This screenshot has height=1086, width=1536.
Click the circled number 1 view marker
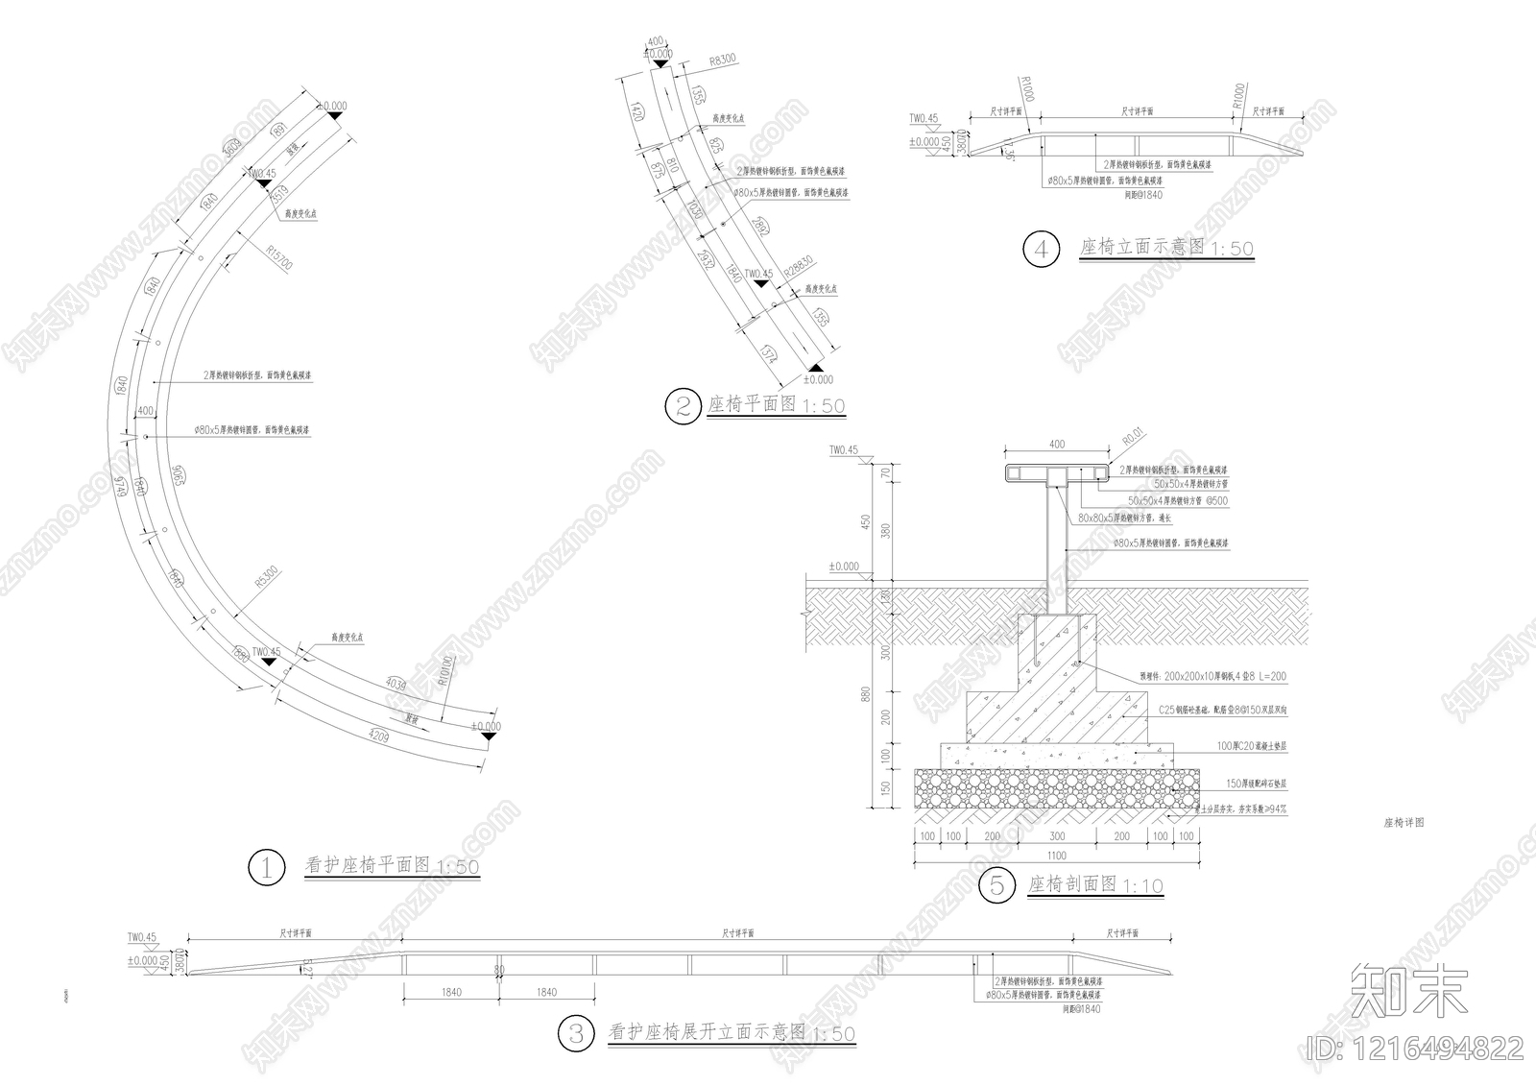pyautogui.click(x=266, y=868)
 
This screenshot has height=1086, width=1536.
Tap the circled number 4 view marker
pyautogui.click(x=1041, y=250)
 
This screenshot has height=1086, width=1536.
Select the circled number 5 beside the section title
pyautogui.click(x=996, y=885)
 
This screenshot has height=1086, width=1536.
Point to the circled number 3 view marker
pyautogui.click(x=576, y=1033)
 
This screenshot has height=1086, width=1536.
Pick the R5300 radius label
pyautogui.click(x=266, y=576)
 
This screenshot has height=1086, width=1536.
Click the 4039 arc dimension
pyautogui.click(x=394, y=685)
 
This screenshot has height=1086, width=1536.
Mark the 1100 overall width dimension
pyautogui.click(x=1056, y=856)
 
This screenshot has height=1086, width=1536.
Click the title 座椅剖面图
pyautogui.click(x=1072, y=883)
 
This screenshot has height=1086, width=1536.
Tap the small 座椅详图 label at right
pyautogui.click(x=1403, y=823)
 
